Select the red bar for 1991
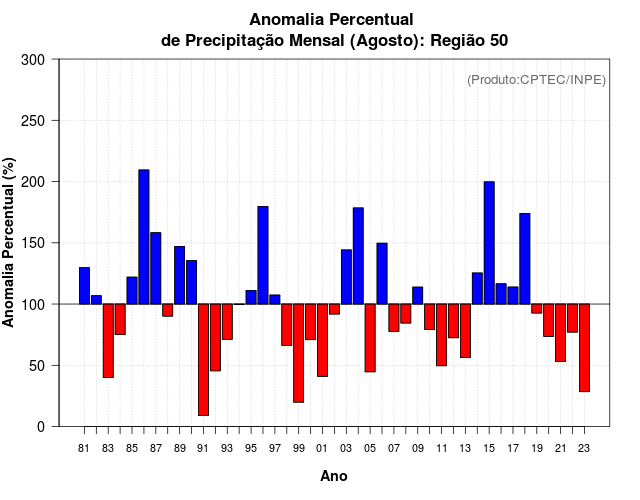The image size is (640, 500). [203, 359]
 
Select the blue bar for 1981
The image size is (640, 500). [84, 286]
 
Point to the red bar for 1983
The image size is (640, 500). [108, 340]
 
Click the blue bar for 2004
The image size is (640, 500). [358, 256]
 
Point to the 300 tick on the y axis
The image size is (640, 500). [57, 60]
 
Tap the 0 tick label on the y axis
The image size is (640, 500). [41, 426]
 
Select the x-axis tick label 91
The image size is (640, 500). [203, 448]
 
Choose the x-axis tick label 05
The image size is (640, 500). [370, 448]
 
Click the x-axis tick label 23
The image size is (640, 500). [584, 448]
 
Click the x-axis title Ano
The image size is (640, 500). [334, 476]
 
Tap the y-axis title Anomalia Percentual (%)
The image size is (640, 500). [10, 242]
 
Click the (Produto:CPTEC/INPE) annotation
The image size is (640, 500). [536, 79]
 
